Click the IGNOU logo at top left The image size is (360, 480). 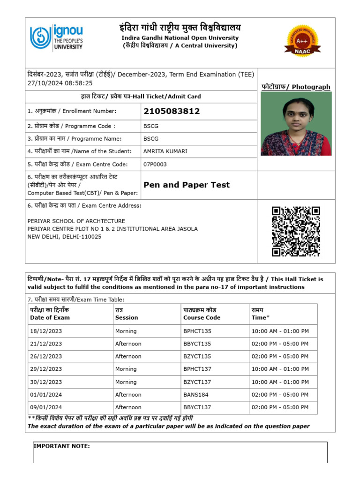point(56,37)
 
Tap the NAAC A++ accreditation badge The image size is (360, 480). point(302,42)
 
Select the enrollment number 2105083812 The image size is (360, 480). point(172,111)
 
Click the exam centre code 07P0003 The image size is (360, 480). point(155,165)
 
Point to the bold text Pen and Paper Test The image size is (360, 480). point(187,185)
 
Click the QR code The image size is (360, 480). point(296,232)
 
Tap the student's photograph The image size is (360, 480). point(296,124)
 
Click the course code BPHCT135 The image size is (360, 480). point(197,331)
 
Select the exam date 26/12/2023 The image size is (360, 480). point(46,356)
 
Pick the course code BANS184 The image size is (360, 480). point(195,395)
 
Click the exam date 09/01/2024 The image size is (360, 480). point(46,407)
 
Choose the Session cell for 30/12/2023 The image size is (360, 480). point(126,382)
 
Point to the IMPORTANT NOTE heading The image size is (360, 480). point(61,446)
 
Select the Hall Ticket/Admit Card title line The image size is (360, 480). point(141,97)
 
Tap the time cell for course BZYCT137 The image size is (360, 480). point(280,382)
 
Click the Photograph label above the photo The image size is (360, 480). point(295,87)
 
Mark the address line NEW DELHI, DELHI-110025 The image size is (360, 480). point(64,237)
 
